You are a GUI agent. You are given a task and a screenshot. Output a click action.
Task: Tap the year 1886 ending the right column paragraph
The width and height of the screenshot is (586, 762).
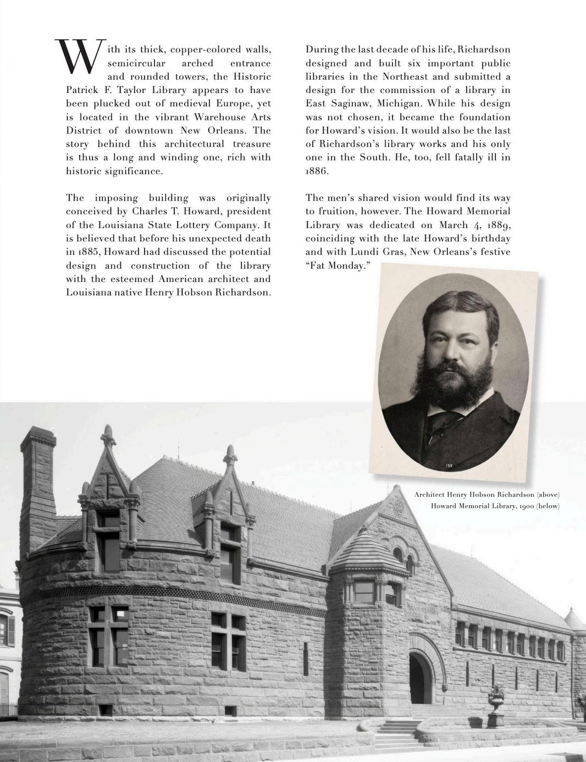[317, 171]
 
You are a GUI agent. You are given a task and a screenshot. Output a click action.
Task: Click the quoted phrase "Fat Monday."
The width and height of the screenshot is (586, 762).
[339, 266]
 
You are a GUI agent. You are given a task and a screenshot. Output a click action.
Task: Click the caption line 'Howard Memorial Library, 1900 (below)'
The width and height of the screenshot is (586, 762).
[495, 506]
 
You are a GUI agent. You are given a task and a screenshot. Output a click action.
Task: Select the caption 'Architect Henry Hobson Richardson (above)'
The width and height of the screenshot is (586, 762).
[487, 494]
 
